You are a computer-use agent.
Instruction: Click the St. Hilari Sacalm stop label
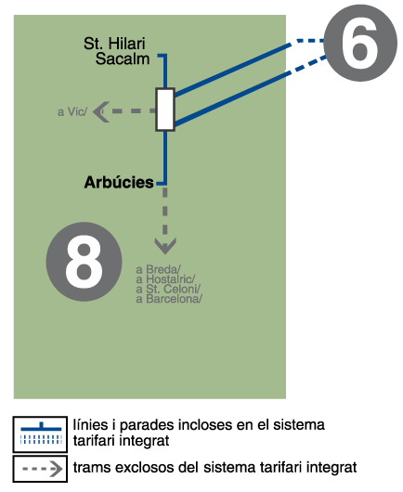point(116,51)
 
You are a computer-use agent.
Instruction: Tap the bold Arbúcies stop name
point(119,182)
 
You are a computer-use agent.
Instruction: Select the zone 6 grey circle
point(360,43)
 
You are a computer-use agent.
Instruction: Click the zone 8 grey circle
point(84,262)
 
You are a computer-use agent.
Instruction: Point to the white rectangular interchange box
point(165,110)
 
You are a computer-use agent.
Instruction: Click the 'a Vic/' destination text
point(72,112)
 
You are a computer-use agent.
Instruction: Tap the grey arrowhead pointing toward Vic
point(101,111)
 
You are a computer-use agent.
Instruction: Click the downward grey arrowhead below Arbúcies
point(165,246)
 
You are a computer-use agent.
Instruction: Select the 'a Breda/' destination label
point(158,269)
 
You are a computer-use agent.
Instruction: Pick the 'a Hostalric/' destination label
point(165,278)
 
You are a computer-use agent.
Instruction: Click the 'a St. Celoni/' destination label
point(168,289)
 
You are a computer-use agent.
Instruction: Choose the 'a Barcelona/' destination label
point(169,299)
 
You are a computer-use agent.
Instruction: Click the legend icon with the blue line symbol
point(40,434)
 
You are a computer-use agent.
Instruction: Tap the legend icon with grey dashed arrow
point(40,469)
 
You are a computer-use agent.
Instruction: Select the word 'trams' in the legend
point(92,468)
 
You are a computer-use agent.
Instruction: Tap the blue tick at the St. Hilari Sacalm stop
point(162,56)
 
